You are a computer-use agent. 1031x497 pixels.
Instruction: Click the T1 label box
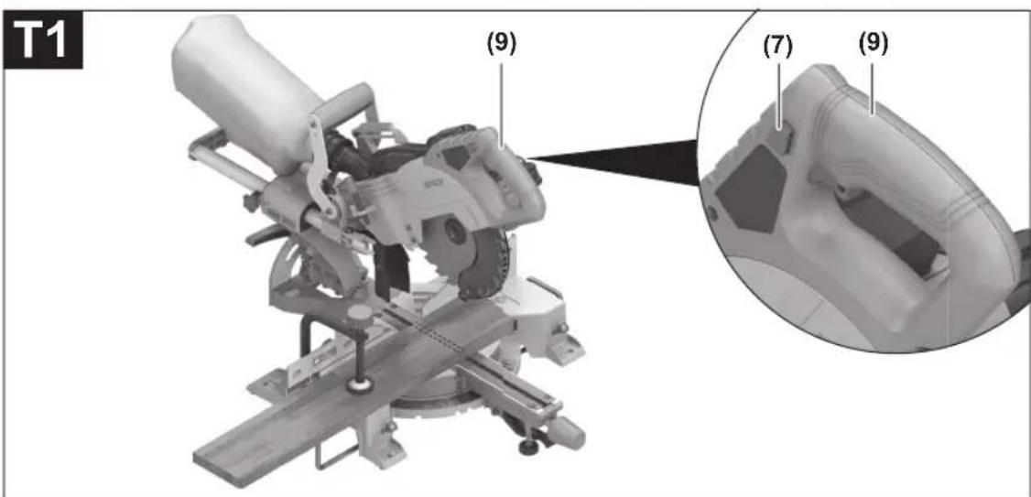click(x=43, y=41)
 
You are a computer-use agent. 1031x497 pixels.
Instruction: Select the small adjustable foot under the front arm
click(x=528, y=447)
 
